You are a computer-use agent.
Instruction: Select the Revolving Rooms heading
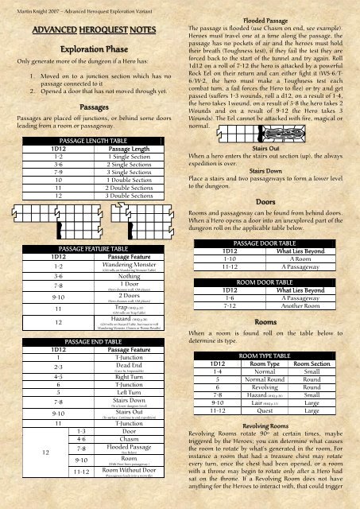(266, 425)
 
